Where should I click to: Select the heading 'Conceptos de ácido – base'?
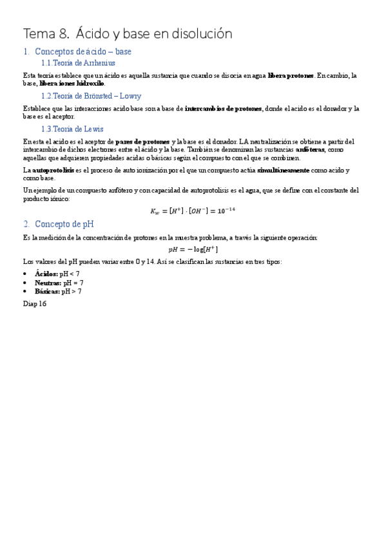83,51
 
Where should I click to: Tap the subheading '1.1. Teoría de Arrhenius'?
78,62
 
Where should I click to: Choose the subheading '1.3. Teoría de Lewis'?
72,129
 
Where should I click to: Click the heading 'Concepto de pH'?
64,224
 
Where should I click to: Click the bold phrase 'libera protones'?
291,75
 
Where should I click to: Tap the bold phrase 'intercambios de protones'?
224,108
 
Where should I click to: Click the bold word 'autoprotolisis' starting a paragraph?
53,170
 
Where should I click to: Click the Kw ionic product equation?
193,211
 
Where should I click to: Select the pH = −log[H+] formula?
193,249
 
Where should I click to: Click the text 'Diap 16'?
35,303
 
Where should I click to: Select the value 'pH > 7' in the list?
72,291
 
